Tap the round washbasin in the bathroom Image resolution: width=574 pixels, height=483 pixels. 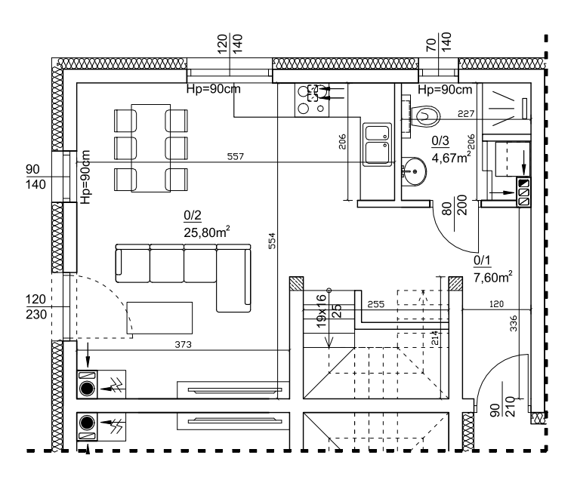[413, 171]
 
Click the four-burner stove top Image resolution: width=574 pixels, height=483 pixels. [313, 100]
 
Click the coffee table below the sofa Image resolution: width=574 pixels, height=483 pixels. [159, 317]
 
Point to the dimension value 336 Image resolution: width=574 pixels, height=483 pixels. [514, 325]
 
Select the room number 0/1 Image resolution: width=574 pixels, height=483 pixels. [482, 261]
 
